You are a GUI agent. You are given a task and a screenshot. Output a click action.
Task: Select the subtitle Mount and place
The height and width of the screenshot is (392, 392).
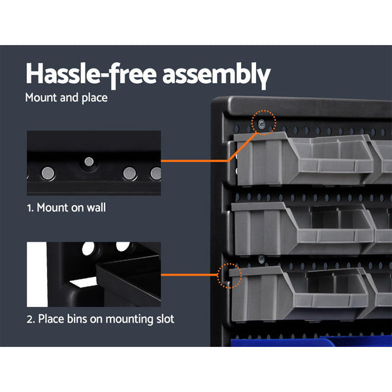[x=66, y=99]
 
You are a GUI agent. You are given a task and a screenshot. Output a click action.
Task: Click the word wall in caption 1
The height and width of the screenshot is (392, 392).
[x=93, y=208]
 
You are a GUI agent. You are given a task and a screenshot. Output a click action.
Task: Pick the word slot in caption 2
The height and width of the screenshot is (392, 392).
[x=162, y=319]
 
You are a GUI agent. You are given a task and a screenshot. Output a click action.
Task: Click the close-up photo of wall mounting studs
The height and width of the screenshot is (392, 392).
[x=93, y=163]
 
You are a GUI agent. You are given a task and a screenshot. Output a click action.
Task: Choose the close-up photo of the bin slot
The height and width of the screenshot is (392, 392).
[x=93, y=274]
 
